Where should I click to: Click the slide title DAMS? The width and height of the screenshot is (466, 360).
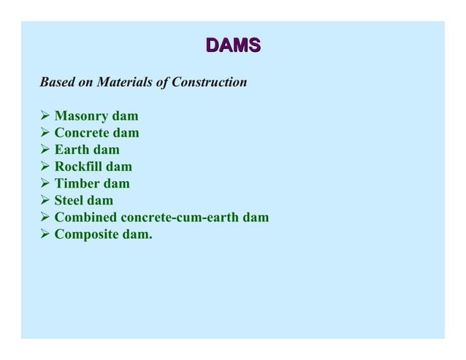point(233,46)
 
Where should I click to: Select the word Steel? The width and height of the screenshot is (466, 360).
point(70,201)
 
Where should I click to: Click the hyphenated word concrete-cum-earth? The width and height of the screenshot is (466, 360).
point(182,218)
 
